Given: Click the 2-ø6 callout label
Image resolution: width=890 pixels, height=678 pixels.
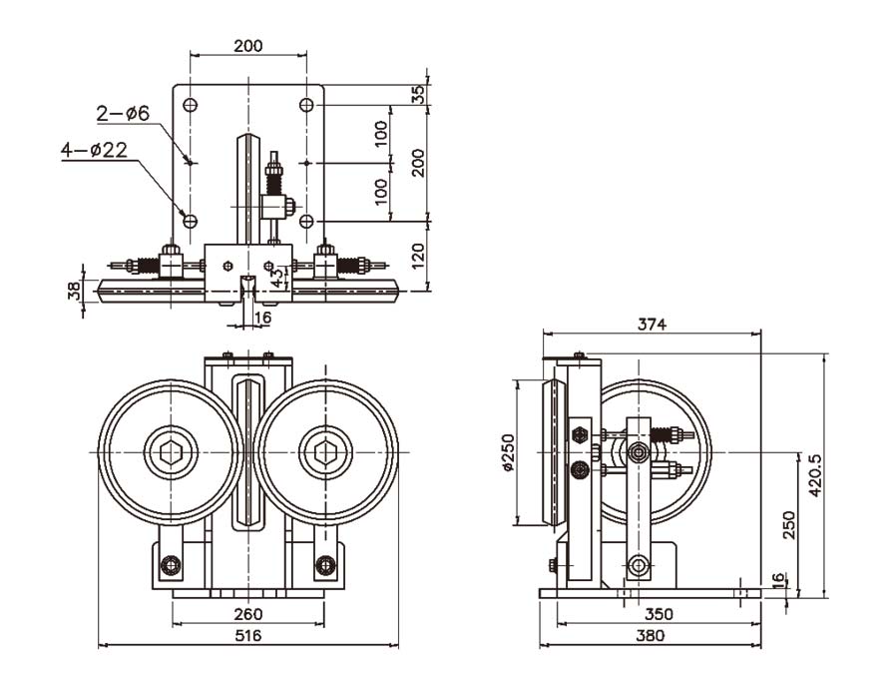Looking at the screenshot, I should click(123, 114).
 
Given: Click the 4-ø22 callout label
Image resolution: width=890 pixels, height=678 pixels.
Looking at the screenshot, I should click(94, 150).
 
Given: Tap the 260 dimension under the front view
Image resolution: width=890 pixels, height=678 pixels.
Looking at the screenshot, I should click(247, 615).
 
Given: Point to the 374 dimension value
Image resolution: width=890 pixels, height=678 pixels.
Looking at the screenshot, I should click(652, 325).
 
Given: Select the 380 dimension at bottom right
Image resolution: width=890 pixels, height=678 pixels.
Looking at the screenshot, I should click(650, 635).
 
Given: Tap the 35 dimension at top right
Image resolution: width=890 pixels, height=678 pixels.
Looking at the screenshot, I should click(419, 94).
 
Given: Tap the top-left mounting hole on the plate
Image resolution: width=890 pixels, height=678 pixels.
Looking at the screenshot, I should click(190, 105).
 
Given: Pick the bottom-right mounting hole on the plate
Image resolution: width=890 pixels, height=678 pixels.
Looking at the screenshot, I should click(306, 220).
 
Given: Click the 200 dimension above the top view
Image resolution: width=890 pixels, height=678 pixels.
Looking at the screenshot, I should click(248, 46).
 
